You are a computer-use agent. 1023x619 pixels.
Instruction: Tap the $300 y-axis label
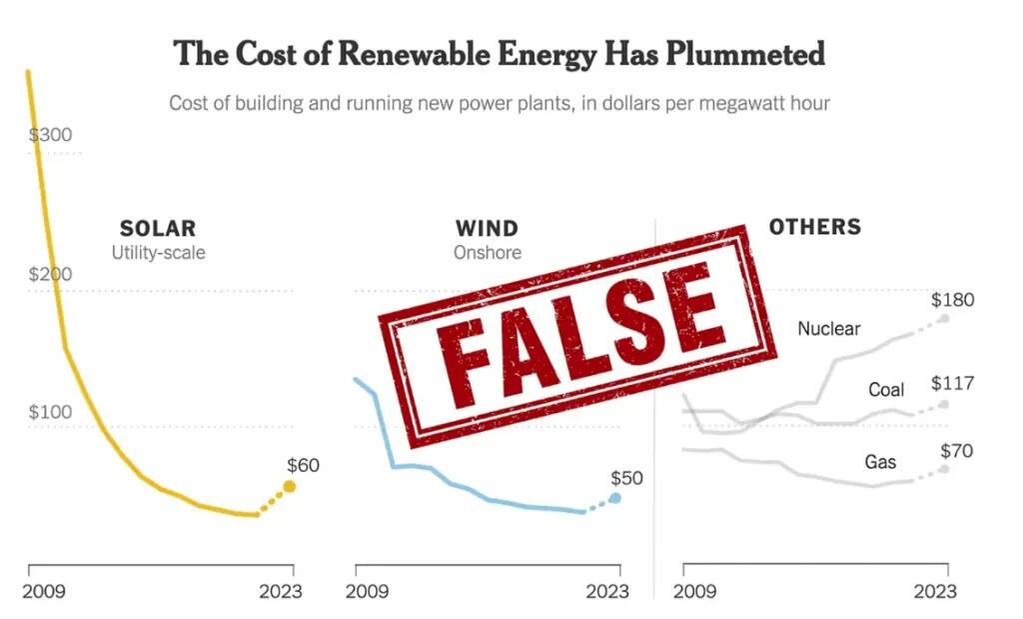50,135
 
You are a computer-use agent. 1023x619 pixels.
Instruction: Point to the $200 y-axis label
50,274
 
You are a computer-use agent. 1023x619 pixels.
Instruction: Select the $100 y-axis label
50,412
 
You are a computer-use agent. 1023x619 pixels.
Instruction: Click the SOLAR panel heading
158,229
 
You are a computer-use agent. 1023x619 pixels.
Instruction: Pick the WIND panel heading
487,229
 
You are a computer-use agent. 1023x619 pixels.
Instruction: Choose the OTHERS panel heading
814,227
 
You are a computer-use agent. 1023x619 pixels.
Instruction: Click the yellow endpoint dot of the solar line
290,487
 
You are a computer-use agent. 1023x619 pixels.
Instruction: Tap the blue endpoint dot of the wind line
615,497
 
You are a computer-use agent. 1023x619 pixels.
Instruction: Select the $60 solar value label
304,465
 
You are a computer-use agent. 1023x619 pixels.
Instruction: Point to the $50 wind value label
626,478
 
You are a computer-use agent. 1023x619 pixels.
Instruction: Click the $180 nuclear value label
952,300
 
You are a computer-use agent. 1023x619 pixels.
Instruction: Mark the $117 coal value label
952,384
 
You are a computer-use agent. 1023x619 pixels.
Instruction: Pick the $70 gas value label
956,451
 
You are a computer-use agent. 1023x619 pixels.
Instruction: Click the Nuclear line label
828,328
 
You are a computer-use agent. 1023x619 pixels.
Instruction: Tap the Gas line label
880,462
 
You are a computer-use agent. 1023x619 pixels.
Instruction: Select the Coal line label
885,389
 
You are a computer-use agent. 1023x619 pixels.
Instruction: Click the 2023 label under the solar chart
281,591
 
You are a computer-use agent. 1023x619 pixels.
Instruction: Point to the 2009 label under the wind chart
368,591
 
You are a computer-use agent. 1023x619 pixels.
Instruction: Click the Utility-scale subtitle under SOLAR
158,252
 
